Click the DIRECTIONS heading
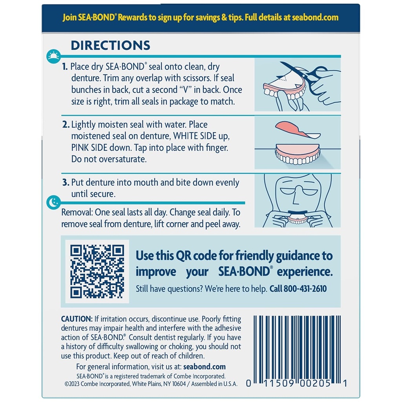click(x=110, y=45)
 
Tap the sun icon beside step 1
click(x=53, y=57)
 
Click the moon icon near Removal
click(x=53, y=203)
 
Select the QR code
click(x=97, y=271)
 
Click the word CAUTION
click(x=77, y=318)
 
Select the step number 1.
click(x=65, y=67)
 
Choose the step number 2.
click(x=66, y=125)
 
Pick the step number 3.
click(x=66, y=183)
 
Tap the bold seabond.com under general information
click(x=205, y=367)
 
